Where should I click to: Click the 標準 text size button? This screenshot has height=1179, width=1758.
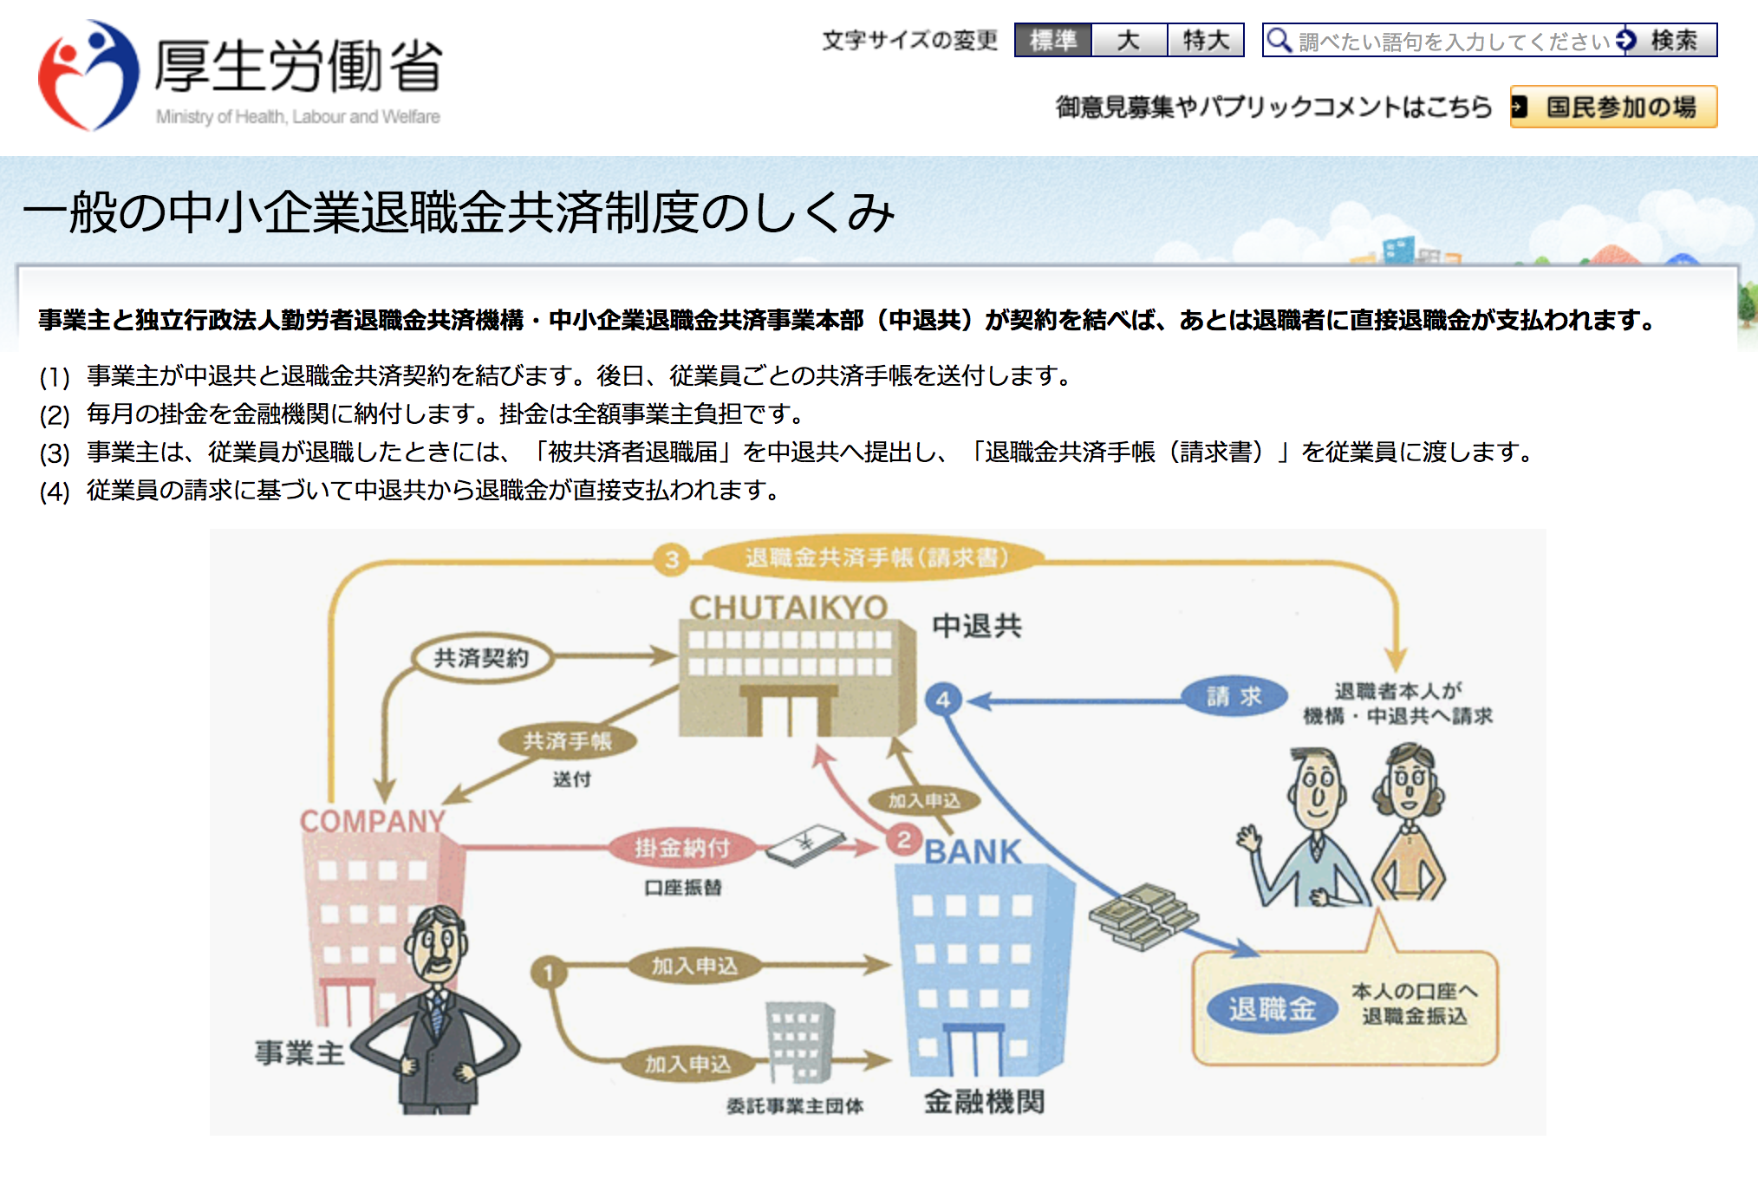pyautogui.click(x=1052, y=41)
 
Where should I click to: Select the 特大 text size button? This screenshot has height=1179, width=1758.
pyautogui.click(x=1206, y=41)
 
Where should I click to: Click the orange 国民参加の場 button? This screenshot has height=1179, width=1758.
pyautogui.click(x=1613, y=107)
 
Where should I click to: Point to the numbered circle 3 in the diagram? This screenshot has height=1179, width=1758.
pyautogui.click(x=672, y=559)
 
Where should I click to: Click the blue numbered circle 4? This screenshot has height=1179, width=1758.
pyautogui.click(x=943, y=700)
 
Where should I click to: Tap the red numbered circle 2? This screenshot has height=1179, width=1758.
pyautogui.click(x=904, y=839)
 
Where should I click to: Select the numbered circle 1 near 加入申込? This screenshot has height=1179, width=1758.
pyautogui.click(x=548, y=973)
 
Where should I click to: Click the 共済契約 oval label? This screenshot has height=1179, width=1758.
pyautogui.click(x=481, y=658)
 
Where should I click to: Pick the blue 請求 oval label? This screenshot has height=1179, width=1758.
pyautogui.click(x=1234, y=696)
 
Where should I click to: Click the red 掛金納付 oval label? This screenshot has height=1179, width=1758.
pyautogui.click(x=681, y=847)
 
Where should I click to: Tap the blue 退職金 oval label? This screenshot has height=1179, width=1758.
pyautogui.click(x=1272, y=1008)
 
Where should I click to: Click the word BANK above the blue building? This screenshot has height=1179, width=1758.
pyautogui.click(x=973, y=852)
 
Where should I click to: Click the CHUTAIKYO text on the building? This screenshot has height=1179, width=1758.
pyautogui.click(x=788, y=608)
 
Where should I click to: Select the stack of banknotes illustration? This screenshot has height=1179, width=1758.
pyautogui.click(x=1143, y=915)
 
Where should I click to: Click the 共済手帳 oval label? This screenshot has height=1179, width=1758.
pyautogui.click(x=567, y=741)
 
